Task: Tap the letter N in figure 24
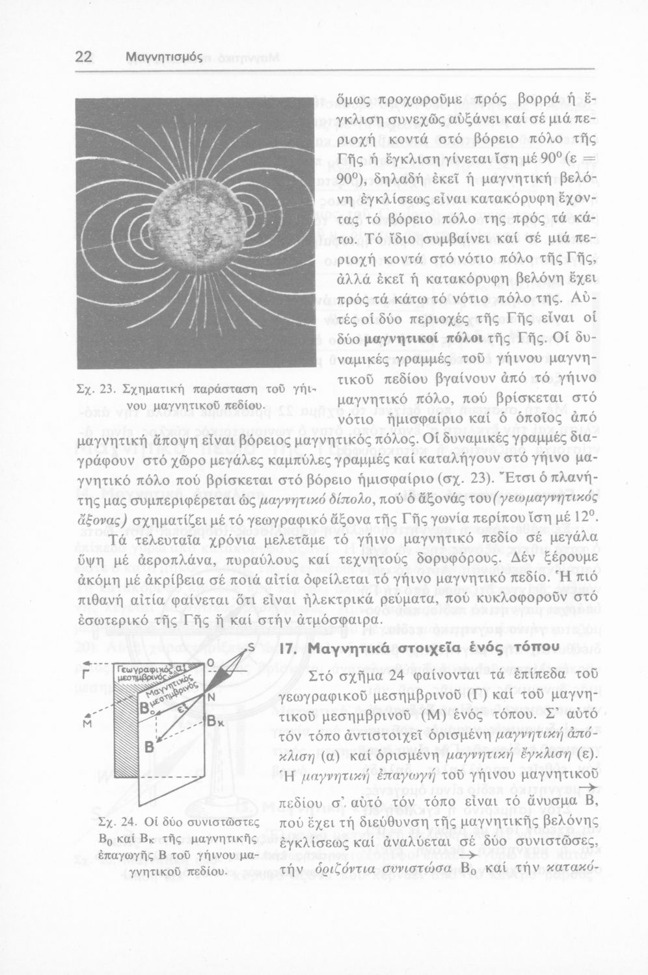coord(211,697)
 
